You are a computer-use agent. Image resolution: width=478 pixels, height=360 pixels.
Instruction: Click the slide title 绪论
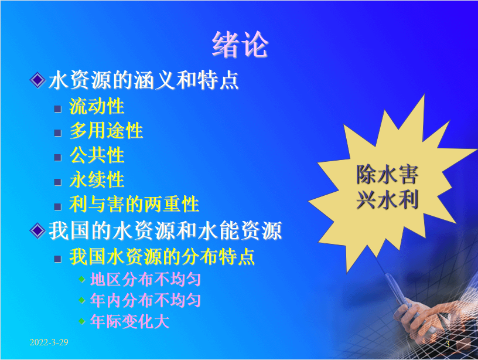(240, 45)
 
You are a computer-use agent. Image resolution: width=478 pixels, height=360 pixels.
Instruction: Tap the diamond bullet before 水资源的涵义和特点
(38, 80)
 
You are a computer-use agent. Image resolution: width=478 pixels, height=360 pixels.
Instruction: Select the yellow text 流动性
(97, 107)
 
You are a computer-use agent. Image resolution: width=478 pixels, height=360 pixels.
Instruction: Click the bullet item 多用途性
(106, 131)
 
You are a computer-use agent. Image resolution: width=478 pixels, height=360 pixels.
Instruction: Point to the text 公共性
(97, 155)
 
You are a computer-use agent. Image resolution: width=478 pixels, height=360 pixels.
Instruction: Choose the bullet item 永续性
(97, 179)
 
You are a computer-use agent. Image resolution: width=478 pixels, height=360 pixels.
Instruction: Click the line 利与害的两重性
(134, 204)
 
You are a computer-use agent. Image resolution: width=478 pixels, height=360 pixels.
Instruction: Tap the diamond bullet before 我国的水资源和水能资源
(38, 230)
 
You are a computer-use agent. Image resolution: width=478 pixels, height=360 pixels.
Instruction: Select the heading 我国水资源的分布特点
(162, 257)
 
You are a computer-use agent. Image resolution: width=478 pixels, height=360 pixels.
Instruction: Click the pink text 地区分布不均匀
(145, 279)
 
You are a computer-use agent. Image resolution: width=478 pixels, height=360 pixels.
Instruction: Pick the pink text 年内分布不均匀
(145, 301)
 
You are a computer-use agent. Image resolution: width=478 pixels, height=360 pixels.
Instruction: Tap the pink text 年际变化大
(129, 321)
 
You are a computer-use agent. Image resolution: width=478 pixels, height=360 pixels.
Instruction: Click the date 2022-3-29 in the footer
(49, 342)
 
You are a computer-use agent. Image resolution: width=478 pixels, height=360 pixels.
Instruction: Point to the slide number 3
(448, 344)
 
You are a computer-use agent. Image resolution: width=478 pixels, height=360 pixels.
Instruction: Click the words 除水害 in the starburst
(387, 175)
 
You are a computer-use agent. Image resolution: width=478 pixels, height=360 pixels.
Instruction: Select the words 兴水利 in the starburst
(387, 200)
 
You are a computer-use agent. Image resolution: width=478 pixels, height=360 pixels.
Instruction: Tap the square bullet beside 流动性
(57, 109)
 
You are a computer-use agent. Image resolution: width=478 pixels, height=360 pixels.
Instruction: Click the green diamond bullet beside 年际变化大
(81, 321)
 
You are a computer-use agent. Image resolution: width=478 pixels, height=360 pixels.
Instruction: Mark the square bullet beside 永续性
(57, 182)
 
